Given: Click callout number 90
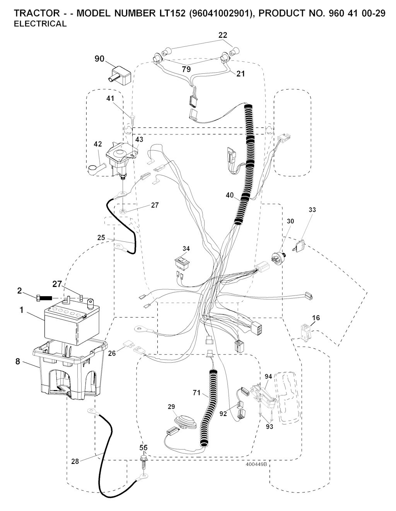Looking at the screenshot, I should point(99,58).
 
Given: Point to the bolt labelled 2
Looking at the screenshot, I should point(44,298).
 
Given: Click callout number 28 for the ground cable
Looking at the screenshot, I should point(75,461).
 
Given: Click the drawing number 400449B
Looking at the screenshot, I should point(256,465).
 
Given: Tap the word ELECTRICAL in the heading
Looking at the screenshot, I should point(40,24).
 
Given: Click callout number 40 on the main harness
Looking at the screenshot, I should point(229,195).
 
